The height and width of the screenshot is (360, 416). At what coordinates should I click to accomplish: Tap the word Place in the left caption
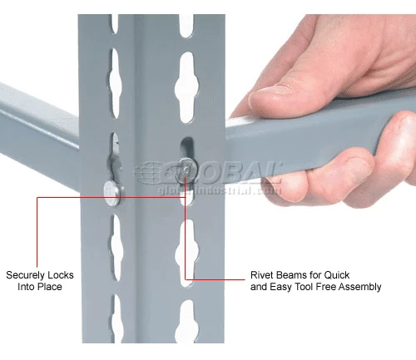coord(51,287)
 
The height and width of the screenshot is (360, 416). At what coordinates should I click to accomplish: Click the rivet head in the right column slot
coord(188,170)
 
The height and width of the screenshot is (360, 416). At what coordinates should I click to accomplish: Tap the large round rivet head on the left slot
coord(113,193)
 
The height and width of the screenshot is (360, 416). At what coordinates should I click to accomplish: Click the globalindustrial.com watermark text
coord(219,190)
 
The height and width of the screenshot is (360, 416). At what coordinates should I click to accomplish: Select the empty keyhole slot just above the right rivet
coord(186,87)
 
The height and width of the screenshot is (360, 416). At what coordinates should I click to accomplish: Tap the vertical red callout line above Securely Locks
coord(37,232)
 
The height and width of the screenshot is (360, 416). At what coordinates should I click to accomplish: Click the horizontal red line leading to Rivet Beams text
coord(215,279)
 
